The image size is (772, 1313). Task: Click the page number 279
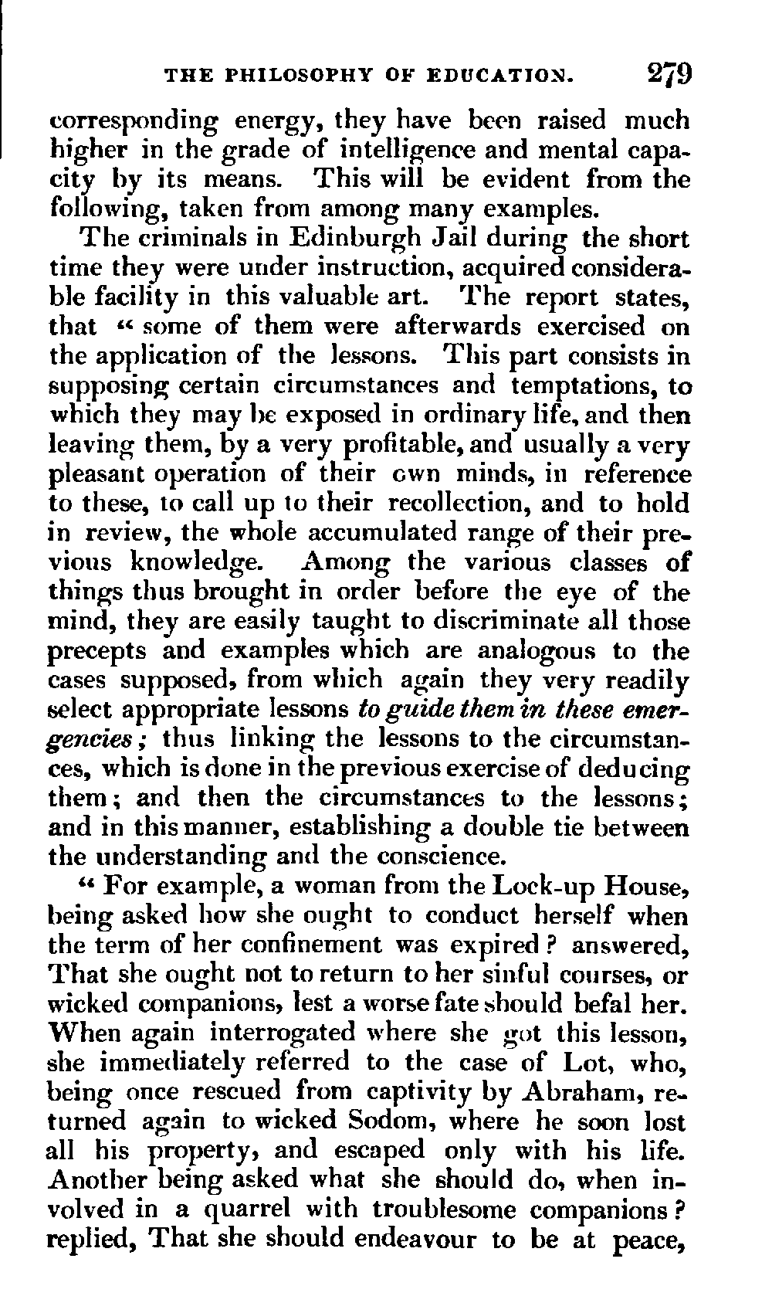(669, 76)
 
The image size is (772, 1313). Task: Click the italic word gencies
(99, 739)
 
